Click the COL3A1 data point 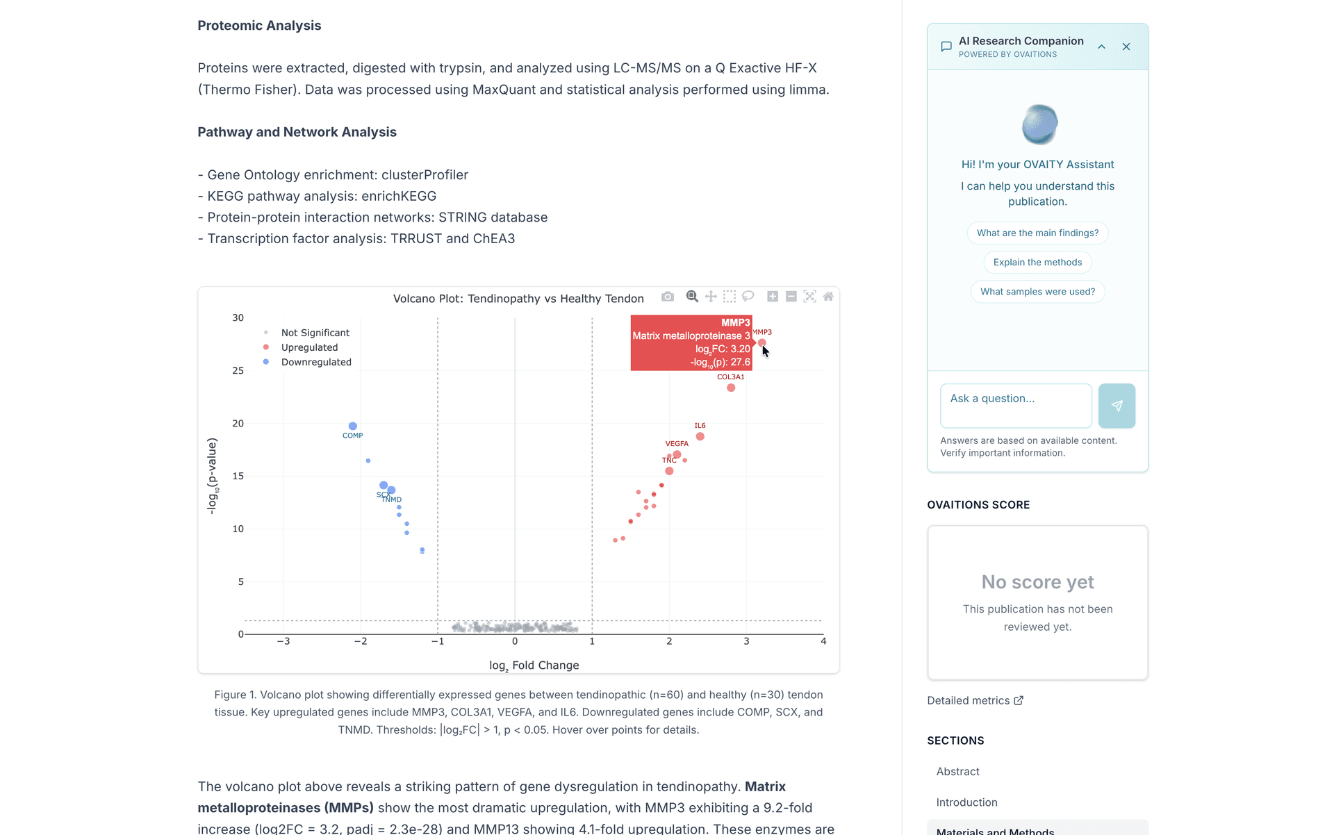pyautogui.click(x=731, y=388)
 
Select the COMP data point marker pyautogui.click(x=353, y=426)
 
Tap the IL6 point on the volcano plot pyautogui.click(x=700, y=436)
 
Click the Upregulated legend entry pyautogui.click(x=309, y=347)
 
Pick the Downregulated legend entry pyautogui.click(x=316, y=362)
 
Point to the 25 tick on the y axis pyautogui.click(x=238, y=371)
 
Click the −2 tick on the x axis pyautogui.click(x=361, y=641)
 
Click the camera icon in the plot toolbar pyautogui.click(x=668, y=297)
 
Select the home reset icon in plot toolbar pyautogui.click(x=828, y=297)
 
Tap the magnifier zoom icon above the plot pyautogui.click(x=692, y=297)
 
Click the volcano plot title pyautogui.click(x=518, y=299)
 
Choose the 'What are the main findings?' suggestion pyautogui.click(x=1037, y=233)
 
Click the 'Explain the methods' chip pyautogui.click(x=1037, y=262)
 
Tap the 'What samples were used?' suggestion pyautogui.click(x=1037, y=292)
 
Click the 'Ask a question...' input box pyautogui.click(x=1016, y=406)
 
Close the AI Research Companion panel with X pyautogui.click(x=1126, y=47)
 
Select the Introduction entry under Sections pyautogui.click(x=966, y=802)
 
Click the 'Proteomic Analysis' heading pyautogui.click(x=259, y=26)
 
